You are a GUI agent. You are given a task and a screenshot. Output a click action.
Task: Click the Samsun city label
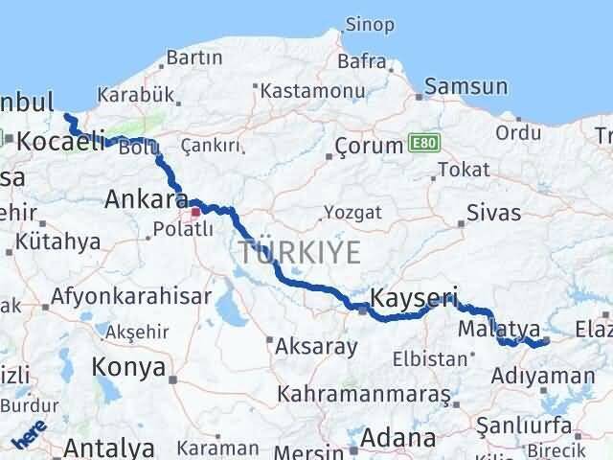[x=466, y=87]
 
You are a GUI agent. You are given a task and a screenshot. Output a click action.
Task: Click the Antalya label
[x=109, y=448]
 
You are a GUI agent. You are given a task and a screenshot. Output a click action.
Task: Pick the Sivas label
[x=494, y=212]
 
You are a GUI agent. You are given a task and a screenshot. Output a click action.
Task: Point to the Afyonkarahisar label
[x=131, y=297]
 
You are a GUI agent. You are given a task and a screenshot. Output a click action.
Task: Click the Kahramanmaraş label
[x=364, y=394]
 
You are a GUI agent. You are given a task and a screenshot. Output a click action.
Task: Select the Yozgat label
[x=352, y=212]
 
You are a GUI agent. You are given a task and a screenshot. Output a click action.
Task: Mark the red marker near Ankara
[x=195, y=213]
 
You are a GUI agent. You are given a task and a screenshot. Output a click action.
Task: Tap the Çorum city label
[x=369, y=147]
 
